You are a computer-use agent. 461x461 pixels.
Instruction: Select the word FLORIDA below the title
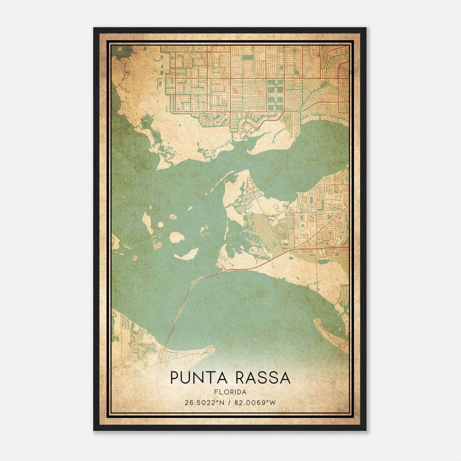coord(230,392)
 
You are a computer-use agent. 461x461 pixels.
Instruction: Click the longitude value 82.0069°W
coord(255,403)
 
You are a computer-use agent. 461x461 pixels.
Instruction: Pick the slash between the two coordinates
coord(228,403)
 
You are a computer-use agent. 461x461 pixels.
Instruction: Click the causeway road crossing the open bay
coord(184,303)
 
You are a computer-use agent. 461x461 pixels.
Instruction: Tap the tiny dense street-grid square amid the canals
coord(236,91)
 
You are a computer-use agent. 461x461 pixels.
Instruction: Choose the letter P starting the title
coord(174,378)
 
